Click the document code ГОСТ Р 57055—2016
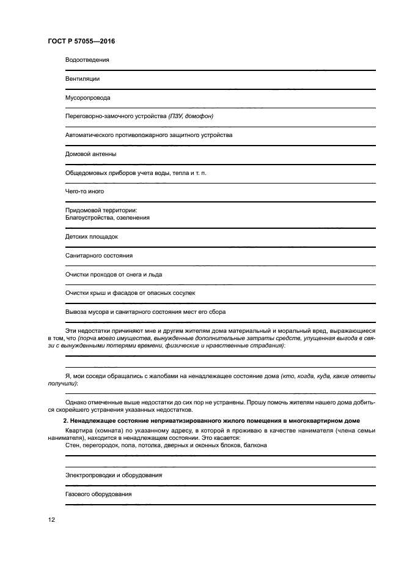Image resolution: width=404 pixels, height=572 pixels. pos(81,42)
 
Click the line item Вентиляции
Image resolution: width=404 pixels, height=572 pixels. pos(82,79)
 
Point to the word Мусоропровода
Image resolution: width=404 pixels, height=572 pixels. pos(87,98)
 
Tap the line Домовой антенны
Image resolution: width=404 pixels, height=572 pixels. pos(90,154)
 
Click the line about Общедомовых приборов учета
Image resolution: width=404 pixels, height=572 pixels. pos(136,173)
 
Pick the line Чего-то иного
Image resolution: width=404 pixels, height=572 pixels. pos(84,191)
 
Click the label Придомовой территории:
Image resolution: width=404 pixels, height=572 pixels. pos(101,210)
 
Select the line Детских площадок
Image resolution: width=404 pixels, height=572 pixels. pos(91,236)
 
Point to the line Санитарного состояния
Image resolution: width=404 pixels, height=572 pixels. pos(98,255)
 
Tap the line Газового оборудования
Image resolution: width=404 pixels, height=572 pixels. pos(98,494)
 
